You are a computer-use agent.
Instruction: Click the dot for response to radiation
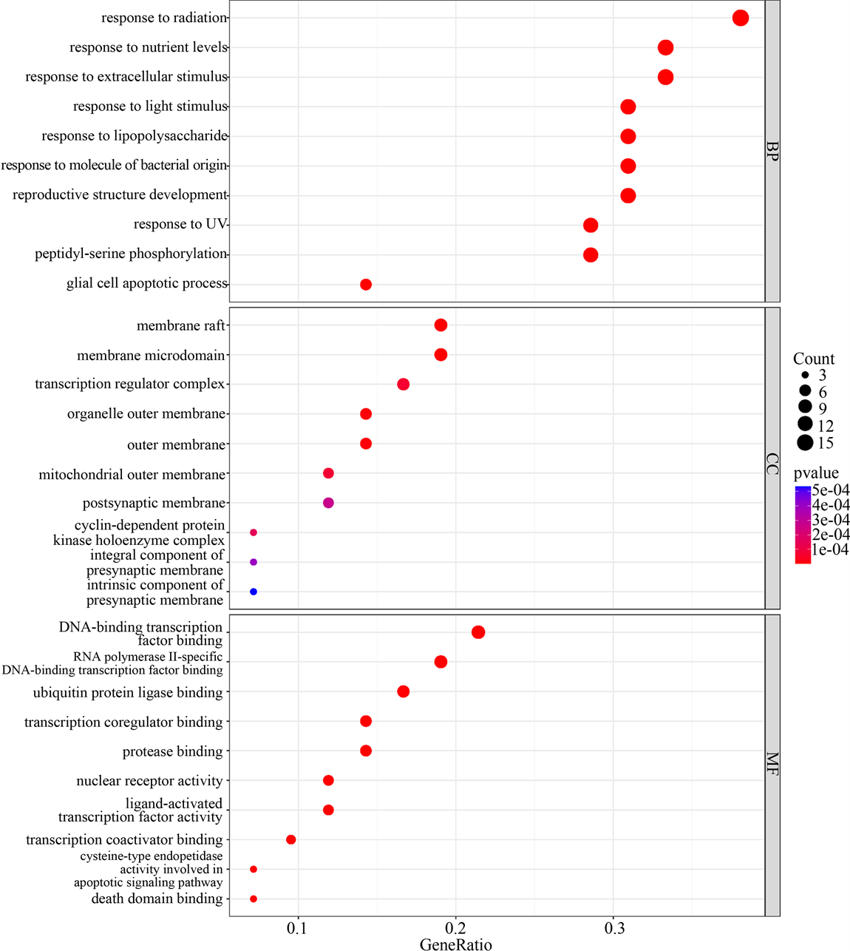click(740, 18)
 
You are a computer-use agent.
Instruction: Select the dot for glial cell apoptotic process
click(365, 284)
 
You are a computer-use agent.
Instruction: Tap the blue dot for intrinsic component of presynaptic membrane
click(254, 592)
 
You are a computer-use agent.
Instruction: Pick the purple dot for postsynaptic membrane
click(328, 503)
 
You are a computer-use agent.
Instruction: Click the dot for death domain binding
click(254, 898)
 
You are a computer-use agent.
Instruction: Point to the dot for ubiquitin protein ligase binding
click(403, 691)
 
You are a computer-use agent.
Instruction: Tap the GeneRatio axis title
click(455, 944)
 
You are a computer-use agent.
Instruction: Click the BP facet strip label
click(772, 151)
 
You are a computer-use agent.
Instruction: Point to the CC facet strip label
click(772, 464)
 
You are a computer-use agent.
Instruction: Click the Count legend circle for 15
click(805, 443)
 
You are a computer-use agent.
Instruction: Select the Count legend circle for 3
click(805, 376)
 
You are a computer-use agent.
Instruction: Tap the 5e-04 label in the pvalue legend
click(831, 490)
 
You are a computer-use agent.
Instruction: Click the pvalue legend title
click(816, 473)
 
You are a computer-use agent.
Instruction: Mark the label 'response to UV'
click(180, 224)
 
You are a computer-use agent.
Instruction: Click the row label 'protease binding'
click(172, 751)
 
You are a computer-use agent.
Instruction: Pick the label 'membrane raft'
click(180, 325)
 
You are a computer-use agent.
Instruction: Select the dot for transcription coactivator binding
click(290, 839)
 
